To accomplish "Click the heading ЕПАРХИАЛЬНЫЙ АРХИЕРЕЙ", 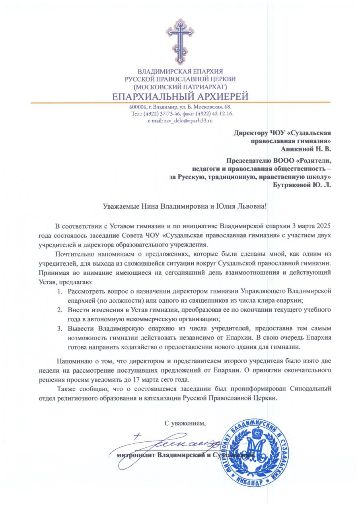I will coord(180,96).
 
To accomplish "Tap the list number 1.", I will coord(59,292).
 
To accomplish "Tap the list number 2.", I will coord(59,309).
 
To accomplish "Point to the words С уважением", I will coord(186,423).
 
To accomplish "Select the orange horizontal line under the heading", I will coord(180,103).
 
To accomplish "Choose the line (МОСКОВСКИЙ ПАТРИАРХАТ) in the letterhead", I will coord(180,86).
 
